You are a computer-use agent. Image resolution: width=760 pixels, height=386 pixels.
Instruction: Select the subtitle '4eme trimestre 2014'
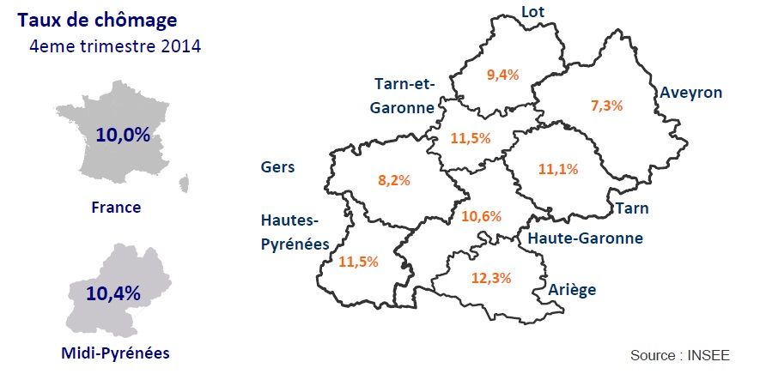pos(115,45)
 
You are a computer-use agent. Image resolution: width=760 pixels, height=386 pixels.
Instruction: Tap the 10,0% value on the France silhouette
pos(123,135)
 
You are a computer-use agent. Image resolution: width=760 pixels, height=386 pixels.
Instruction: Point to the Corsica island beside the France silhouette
pos(184,182)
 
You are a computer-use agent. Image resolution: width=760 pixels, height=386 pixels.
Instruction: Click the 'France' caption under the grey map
pos(116,207)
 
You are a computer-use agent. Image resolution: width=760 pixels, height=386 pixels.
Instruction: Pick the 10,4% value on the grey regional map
pos(112,293)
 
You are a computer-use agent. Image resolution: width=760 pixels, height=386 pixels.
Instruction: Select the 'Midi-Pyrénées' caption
pos(116,353)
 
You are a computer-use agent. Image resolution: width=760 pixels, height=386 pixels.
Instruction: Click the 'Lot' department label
pos(533,11)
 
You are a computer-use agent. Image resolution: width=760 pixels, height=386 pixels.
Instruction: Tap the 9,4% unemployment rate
pos(502,75)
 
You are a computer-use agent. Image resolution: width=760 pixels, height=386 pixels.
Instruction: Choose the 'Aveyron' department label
pos(690,93)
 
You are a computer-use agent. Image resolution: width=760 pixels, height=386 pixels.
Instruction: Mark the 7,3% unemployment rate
pos(606,106)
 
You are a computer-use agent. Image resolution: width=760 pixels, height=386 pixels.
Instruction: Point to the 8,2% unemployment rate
pos(394,180)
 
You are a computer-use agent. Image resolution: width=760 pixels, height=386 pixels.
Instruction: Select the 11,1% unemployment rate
pos(558,170)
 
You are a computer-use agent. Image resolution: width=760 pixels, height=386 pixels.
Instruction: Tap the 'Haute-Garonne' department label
pos(585,238)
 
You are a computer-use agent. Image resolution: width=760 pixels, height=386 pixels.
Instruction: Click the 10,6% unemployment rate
pos(481,216)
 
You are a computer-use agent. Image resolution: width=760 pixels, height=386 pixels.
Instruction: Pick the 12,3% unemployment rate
pos(491,278)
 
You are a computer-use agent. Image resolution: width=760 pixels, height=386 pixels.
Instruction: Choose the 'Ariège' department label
pos(572,290)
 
